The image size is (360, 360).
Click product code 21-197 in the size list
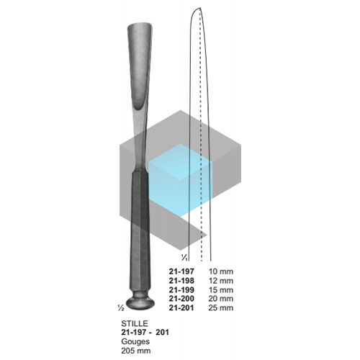click(x=181, y=271)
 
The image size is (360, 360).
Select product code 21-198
click(x=181, y=281)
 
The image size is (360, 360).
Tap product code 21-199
click(x=181, y=289)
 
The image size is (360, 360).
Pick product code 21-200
click(x=181, y=299)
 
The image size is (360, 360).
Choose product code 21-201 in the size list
click(x=181, y=307)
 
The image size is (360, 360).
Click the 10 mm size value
click(x=221, y=271)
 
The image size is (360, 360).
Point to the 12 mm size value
click(x=221, y=281)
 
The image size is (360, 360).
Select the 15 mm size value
click(x=221, y=289)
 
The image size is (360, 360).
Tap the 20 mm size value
click(x=221, y=299)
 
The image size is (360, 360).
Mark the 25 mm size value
click(x=221, y=307)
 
